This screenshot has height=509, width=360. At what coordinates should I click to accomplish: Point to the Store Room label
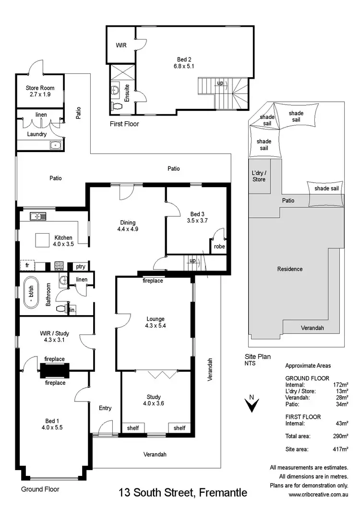pyautogui.click(x=40, y=91)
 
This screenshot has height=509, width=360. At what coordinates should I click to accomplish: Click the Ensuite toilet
pyautogui.click(x=116, y=106)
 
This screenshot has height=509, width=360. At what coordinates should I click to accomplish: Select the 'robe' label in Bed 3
pyautogui.click(x=219, y=247)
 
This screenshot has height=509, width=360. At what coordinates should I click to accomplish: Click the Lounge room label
pyautogui.click(x=156, y=322)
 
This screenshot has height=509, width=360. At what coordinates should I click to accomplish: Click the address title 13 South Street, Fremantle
pyautogui.click(x=183, y=493)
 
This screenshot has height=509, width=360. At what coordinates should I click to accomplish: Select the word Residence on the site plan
pyautogui.click(x=290, y=269)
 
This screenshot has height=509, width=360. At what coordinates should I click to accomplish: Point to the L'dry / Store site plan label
pyautogui.click(x=259, y=176)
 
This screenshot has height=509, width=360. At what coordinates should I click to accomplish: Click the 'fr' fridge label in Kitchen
pyautogui.click(x=27, y=266)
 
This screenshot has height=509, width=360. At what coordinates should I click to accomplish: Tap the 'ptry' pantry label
pyautogui.click(x=80, y=267)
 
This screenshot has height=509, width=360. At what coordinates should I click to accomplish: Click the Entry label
pyautogui.click(x=105, y=408)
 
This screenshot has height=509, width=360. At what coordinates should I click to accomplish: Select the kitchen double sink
pyautogui.click(x=37, y=216)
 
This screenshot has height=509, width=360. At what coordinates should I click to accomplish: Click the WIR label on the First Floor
pyautogui.click(x=120, y=46)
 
